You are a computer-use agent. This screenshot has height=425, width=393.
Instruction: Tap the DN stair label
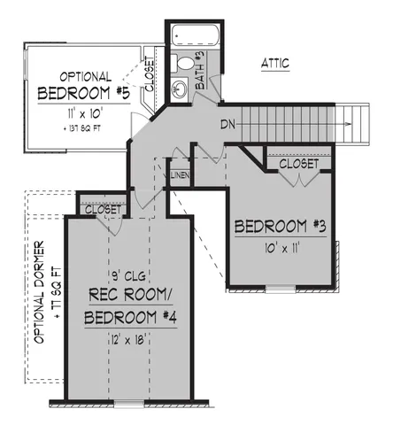click(x=227, y=123)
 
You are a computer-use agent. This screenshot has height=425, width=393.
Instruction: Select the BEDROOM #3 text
click(x=281, y=227)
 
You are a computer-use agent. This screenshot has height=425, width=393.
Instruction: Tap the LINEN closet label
click(x=178, y=176)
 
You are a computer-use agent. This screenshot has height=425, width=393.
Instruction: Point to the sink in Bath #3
click(x=177, y=87)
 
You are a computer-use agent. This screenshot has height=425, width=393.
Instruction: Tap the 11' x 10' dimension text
click(x=85, y=113)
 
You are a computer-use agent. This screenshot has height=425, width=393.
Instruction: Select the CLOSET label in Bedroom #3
click(x=298, y=164)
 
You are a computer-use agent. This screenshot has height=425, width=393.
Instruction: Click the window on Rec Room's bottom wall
click(x=130, y=403)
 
